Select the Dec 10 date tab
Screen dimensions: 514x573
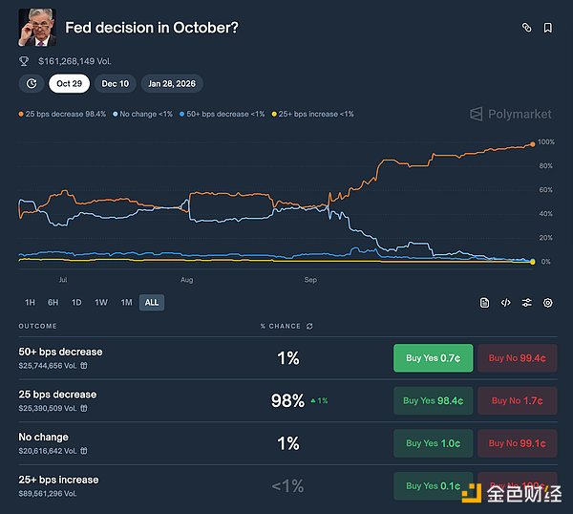point(116,83)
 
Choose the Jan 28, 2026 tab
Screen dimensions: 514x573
point(172,83)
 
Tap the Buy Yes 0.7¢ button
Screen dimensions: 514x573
point(433,358)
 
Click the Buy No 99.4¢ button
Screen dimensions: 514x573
point(517,358)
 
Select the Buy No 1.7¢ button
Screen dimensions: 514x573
point(517,401)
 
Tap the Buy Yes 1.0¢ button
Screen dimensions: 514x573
point(433,443)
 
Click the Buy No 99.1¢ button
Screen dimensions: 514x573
point(517,443)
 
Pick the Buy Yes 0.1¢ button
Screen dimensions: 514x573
point(433,485)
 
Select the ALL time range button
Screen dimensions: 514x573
point(151,303)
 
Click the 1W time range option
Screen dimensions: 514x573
point(101,303)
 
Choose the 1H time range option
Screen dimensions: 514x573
point(30,303)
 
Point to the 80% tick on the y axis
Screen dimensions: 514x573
point(545,166)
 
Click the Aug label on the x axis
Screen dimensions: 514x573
point(187,280)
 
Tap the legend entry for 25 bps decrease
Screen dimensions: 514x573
point(63,114)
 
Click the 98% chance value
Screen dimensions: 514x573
point(287,401)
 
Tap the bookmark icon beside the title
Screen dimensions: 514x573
point(548,28)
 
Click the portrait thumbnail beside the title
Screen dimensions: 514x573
point(36,28)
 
